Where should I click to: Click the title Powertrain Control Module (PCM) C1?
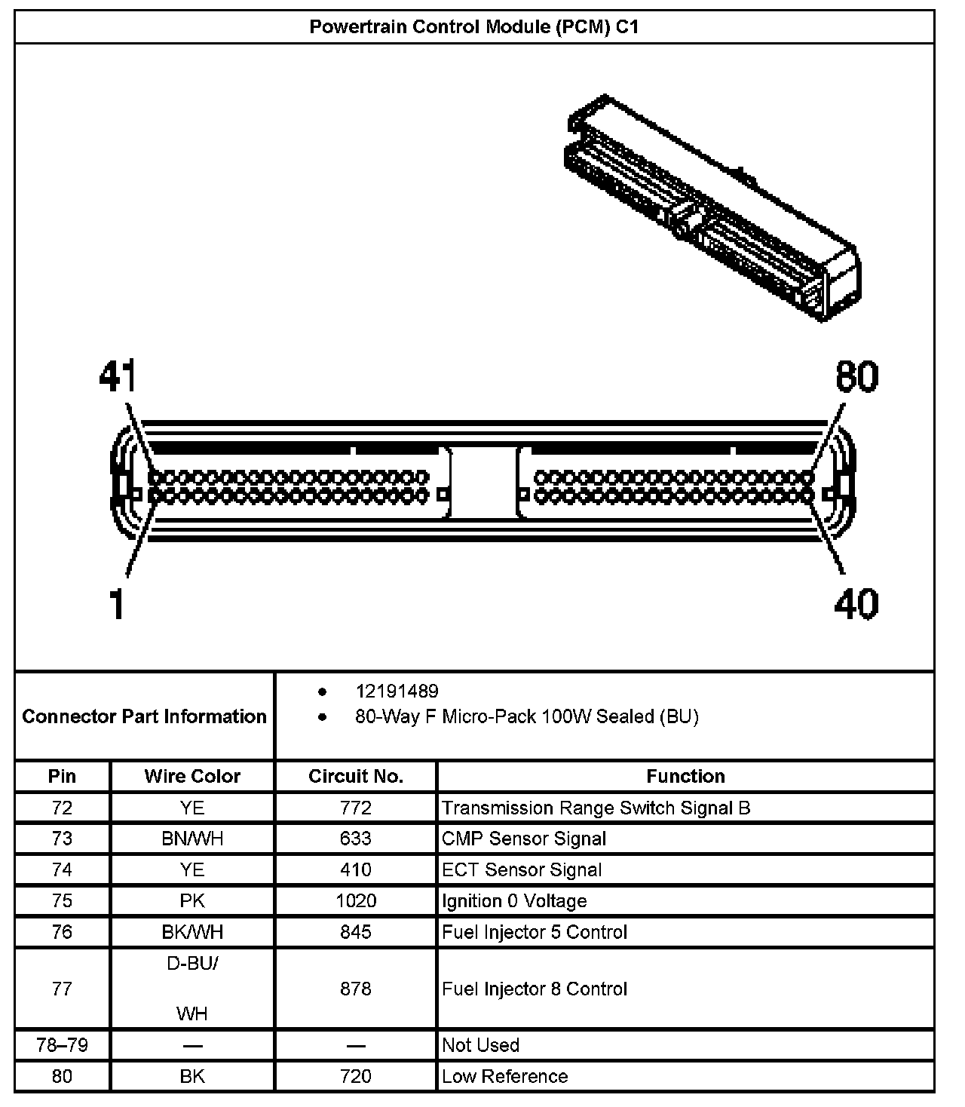click(x=474, y=27)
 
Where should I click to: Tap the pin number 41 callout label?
click(x=118, y=376)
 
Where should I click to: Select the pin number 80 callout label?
click(x=856, y=376)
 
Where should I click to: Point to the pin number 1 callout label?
click(x=116, y=604)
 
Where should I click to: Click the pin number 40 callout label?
click(x=856, y=604)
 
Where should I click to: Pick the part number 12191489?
click(x=397, y=691)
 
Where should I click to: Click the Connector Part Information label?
click(x=144, y=716)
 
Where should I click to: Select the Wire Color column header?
click(x=192, y=776)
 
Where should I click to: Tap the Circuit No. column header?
click(x=356, y=776)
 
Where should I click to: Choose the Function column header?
click(x=685, y=776)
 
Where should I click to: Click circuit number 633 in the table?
click(x=356, y=839)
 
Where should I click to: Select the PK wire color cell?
click(x=192, y=900)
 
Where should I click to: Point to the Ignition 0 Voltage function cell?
click(x=514, y=900)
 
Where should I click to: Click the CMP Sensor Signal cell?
click(x=524, y=839)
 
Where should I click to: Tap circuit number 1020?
click(x=356, y=900)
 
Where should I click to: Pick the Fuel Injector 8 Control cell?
click(x=535, y=989)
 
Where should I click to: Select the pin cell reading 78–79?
click(x=62, y=1045)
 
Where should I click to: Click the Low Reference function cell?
click(x=504, y=1076)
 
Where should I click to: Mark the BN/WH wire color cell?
click(x=192, y=839)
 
